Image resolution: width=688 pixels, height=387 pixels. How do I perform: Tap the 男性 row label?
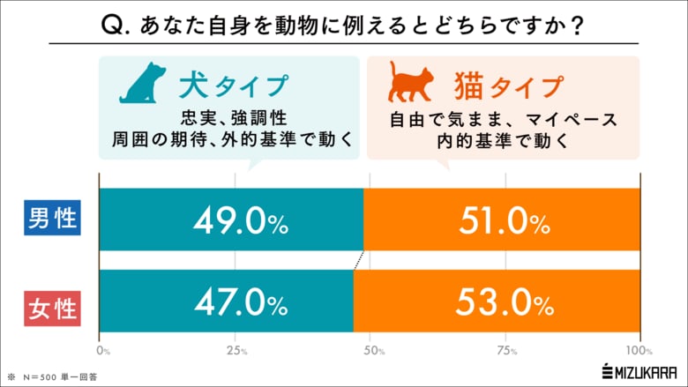[51, 219]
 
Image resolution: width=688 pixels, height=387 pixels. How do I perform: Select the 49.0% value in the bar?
[240, 220]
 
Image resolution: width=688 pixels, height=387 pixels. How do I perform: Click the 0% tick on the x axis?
[103, 351]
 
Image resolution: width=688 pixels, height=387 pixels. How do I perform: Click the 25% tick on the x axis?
[236, 351]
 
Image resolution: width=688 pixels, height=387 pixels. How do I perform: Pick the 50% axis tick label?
[371, 351]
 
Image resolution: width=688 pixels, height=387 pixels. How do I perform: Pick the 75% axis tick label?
[506, 351]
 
